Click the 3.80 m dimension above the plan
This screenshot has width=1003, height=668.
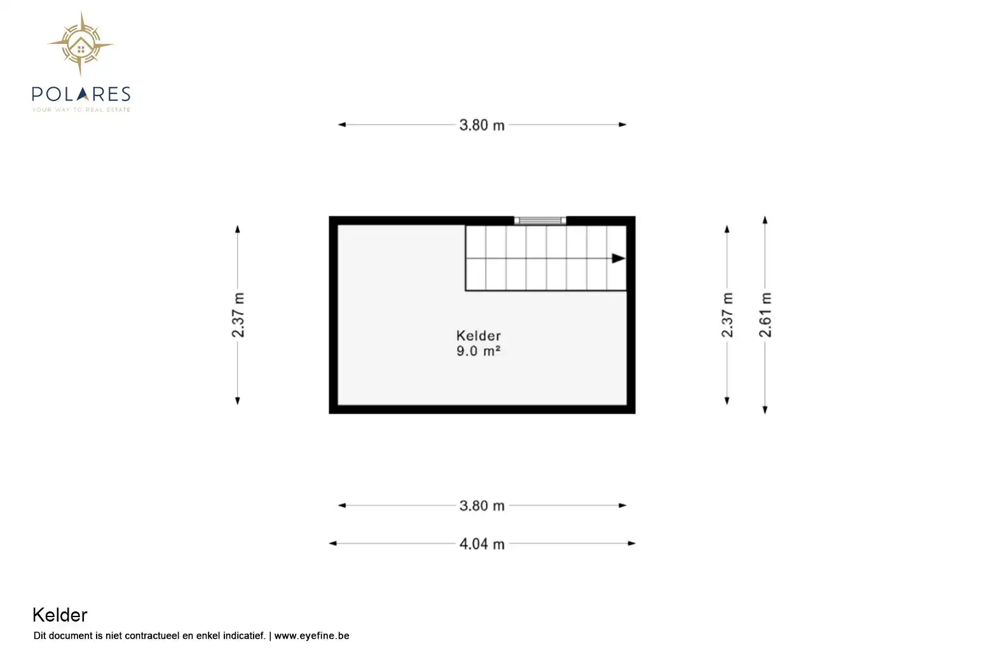point(482,125)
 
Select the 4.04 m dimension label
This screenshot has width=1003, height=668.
point(482,544)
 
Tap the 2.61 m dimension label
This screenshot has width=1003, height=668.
point(765,315)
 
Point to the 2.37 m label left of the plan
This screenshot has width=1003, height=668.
point(238,315)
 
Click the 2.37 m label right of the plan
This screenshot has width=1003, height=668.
point(727,315)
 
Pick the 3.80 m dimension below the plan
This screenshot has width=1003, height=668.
point(482,506)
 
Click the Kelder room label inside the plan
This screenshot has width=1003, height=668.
point(478,335)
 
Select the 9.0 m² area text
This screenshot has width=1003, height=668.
point(478,351)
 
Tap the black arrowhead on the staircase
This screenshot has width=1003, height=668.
point(618,258)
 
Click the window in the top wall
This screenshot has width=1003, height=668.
point(540,220)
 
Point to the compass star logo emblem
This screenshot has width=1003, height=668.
point(81,44)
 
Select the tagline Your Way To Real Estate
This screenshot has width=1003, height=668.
point(81,110)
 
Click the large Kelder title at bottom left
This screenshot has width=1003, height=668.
point(60,615)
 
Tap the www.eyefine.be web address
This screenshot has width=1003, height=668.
point(311,636)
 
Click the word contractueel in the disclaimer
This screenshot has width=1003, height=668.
point(153,636)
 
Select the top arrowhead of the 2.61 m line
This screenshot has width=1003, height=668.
point(765,220)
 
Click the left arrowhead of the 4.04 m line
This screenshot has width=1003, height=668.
point(333,543)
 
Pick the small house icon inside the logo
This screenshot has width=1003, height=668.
point(81,47)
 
